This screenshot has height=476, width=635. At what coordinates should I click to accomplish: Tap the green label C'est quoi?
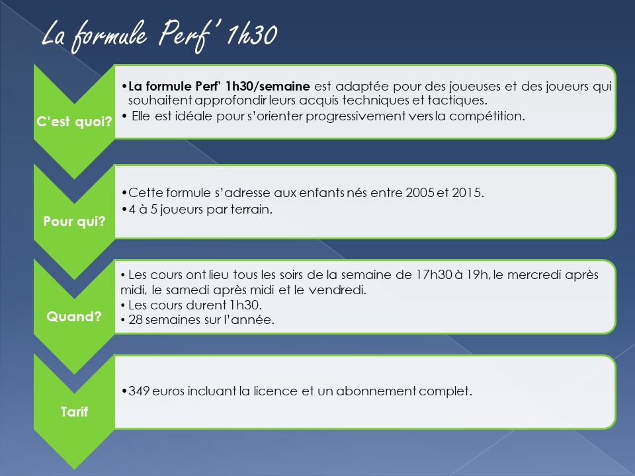(x=74, y=122)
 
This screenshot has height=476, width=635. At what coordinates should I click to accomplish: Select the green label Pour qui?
(x=74, y=221)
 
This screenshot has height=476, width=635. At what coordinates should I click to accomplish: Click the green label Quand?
(x=74, y=317)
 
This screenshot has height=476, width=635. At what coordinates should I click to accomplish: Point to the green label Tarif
(x=74, y=412)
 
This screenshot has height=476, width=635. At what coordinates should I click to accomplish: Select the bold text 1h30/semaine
(x=268, y=87)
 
